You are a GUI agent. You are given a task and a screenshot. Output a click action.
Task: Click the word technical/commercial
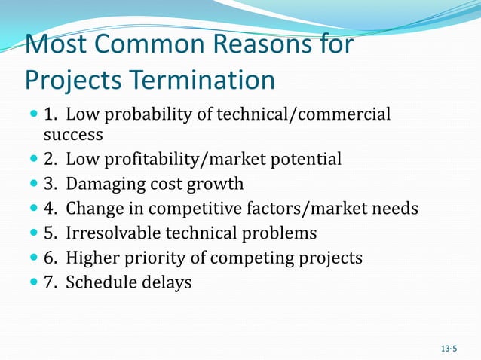coord(304,114)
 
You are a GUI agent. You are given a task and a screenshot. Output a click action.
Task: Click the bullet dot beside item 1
coord(32,115)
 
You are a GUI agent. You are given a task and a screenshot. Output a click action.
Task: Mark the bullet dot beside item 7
coord(32,283)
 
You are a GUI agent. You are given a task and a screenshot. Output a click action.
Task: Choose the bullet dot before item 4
coord(32,209)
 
